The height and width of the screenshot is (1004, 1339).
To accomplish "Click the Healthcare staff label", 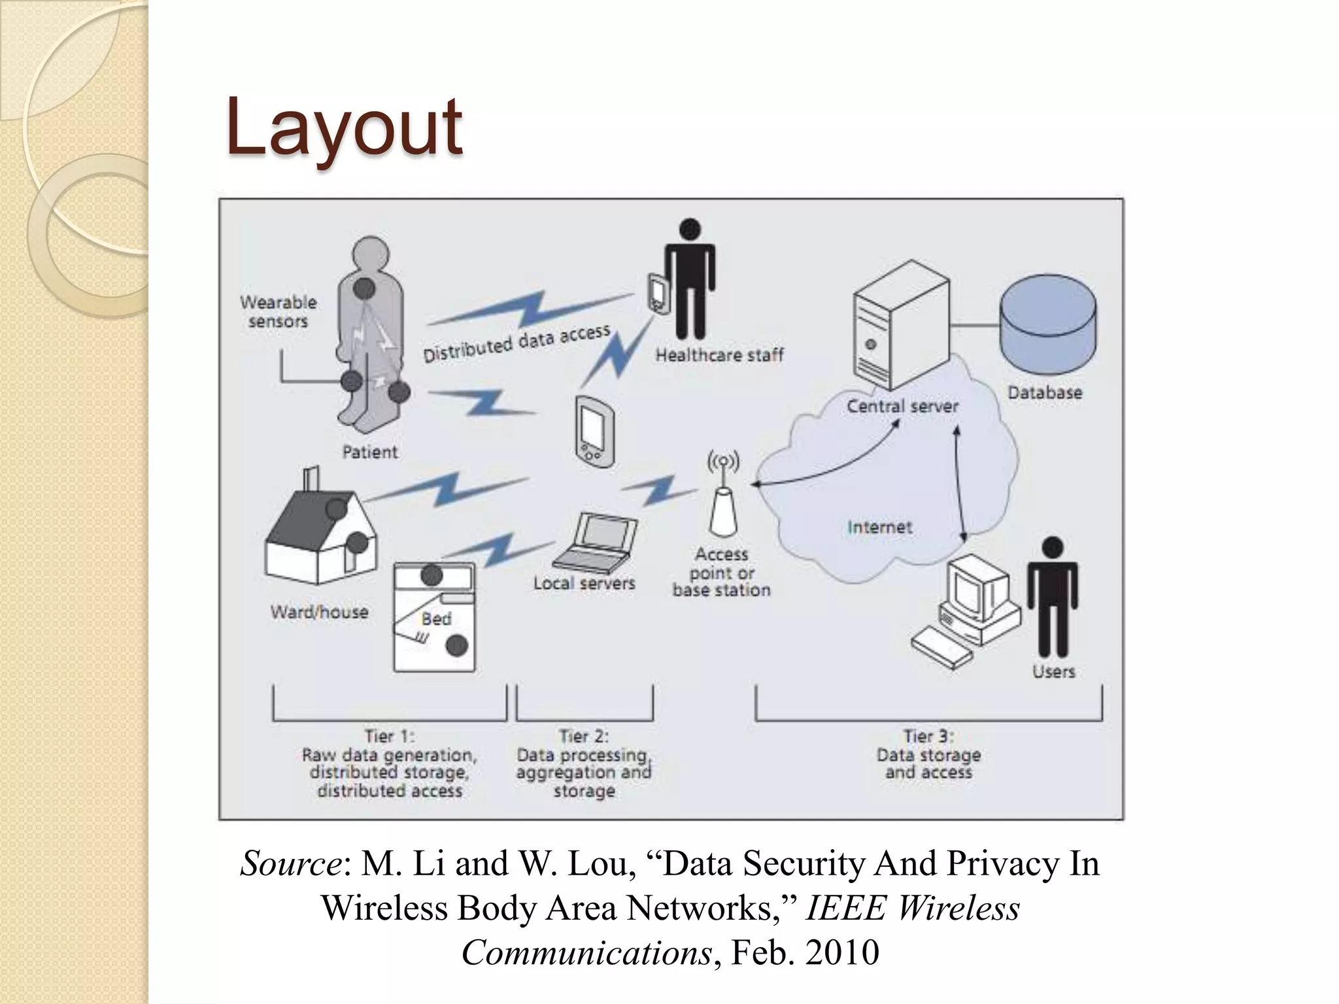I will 719,355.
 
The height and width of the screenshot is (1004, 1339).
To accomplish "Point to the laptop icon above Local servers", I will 597,542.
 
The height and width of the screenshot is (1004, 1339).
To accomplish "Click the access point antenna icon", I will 723,503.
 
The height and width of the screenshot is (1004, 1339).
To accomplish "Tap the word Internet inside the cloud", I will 879,527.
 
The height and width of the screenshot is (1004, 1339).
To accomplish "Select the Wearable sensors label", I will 278,312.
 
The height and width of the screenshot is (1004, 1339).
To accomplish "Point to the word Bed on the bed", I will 436,618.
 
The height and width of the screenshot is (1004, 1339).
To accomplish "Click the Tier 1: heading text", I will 390,736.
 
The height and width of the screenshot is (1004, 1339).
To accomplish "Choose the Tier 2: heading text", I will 584,736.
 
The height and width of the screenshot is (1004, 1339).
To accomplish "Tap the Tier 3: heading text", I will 928,736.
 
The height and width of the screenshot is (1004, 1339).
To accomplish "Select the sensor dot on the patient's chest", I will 364,288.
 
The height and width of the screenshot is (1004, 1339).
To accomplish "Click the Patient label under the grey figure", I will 370,452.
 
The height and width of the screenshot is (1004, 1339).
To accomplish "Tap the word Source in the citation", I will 290,863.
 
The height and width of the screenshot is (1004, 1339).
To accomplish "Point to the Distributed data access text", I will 517,343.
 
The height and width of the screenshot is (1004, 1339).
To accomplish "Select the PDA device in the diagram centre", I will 594,431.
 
